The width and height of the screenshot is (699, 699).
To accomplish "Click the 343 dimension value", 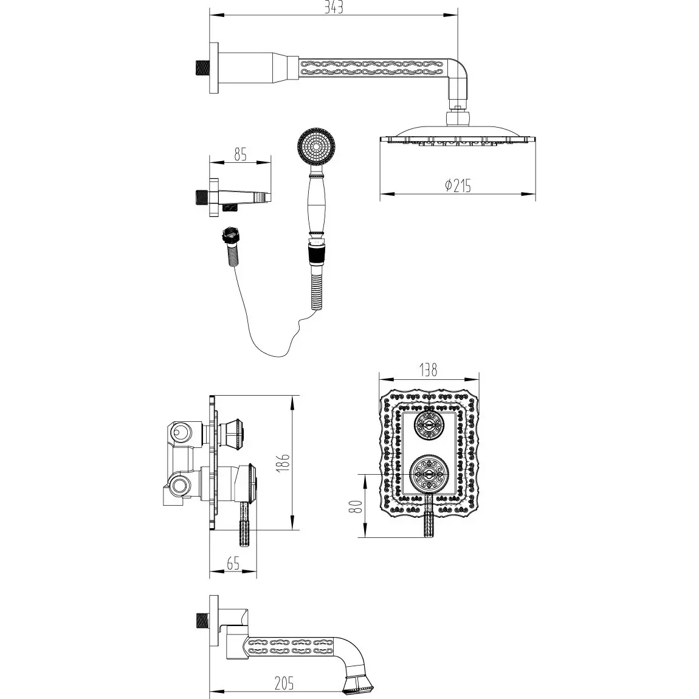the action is pyautogui.click(x=334, y=7).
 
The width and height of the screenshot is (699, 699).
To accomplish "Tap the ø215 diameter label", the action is pyautogui.click(x=458, y=185).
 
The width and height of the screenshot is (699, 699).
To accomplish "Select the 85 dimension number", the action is pyautogui.click(x=240, y=154).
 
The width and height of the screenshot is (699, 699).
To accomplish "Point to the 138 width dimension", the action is pyautogui.click(x=428, y=370).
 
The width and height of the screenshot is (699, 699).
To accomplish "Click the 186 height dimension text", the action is pyautogui.click(x=286, y=463).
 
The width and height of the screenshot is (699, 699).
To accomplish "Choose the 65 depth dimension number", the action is pyautogui.click(x=233, y=563).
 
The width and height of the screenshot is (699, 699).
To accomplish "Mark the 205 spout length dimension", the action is pyautogui.click(x=284, y=683).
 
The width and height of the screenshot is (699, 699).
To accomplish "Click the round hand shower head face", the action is pyautogui.click(x=317, y=146).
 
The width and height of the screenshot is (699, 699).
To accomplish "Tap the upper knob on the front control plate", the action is pyautogui.click(x=429, y=425).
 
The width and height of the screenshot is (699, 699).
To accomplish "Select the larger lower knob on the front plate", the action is pyautogui.click(x=429, y=474).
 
